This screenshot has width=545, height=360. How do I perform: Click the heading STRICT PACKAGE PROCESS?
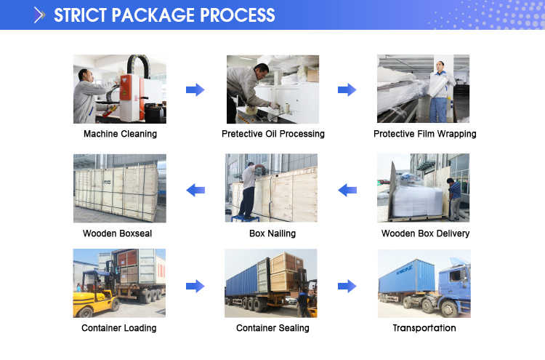[x=164, y=15]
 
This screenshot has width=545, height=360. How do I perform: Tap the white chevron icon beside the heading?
[x=39, y=15]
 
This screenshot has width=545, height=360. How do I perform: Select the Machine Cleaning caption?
[x=120, y=134]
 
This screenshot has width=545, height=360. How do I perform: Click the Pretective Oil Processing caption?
[x=272, y=134]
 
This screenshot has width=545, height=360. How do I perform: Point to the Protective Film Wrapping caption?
[x=424, y=134]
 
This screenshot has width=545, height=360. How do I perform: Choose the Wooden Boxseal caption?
[x=117, y=233]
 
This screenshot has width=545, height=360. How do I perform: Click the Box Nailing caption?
[x=272, y=233]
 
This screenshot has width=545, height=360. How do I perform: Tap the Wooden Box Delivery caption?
[x=425, y=233]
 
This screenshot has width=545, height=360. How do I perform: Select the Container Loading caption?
[x=118, y=328]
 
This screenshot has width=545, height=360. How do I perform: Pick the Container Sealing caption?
[x=272, y=328]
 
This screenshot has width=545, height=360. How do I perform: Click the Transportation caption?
[x=424, y=328]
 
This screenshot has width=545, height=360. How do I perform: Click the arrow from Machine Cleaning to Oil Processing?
[x=195, y=89]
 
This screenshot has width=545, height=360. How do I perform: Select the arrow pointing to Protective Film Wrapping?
[x=347, y=89]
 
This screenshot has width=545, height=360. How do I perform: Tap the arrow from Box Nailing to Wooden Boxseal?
[x=195, y=190]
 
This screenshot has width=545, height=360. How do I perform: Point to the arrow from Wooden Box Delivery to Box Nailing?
[x=347, y=190]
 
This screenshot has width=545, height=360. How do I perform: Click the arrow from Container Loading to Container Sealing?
[x=195, y=286]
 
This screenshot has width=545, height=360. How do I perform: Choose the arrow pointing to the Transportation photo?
[x=347, y=286]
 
